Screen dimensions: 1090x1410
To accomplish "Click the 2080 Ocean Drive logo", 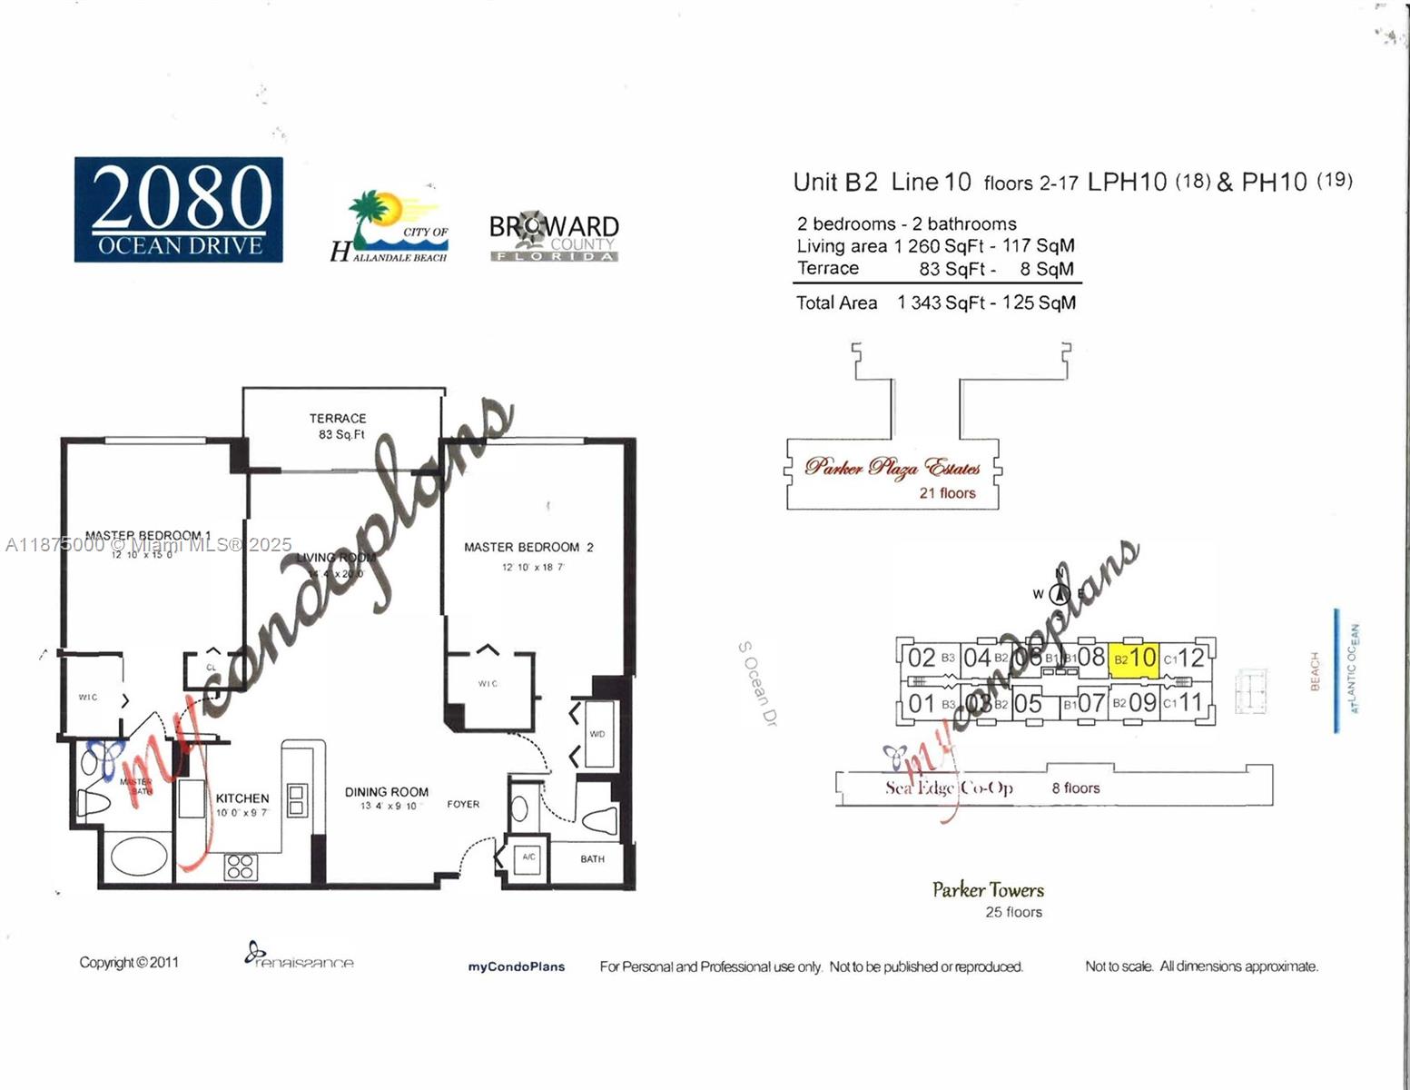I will [x=178, y=210].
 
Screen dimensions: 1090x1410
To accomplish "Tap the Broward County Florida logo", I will [x=554, y=237].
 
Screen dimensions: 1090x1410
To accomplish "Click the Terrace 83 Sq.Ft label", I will [x=338, y=426].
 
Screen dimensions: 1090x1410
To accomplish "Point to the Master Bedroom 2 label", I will [x=528, y=547].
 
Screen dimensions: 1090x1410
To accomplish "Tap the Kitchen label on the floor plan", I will [x=242, y=798].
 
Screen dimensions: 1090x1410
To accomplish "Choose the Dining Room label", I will [x=387, y=792].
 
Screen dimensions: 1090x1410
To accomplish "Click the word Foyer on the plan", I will [x=463, y=804].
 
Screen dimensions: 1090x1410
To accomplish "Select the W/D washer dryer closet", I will [x=597, y=733].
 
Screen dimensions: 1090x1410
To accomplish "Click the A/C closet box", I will [x=528, y=857].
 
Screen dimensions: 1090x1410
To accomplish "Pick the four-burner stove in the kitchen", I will [x=241, y=867].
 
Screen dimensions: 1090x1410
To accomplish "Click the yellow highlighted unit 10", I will [x=1134, y=658].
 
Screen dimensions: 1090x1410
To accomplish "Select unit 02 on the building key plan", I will [x=922, y=658].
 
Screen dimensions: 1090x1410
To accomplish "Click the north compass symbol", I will [x=1059, y=594].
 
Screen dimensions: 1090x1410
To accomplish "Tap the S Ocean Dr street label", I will [x=758, y=683].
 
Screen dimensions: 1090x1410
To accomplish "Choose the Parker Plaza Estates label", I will [x=892, y=468].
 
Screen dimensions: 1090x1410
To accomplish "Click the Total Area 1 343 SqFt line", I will [x=935, y=302].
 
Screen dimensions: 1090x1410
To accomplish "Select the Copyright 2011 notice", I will [x=129, y=962].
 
